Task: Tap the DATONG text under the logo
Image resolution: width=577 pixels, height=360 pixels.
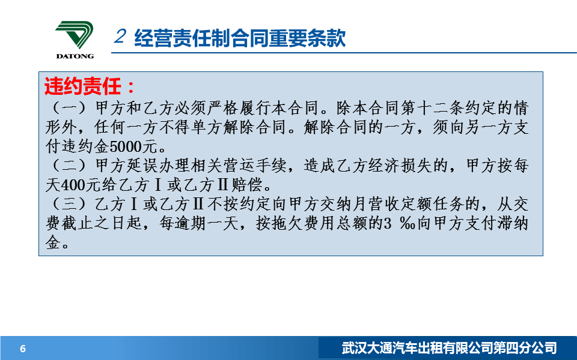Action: click(x=75, y=56)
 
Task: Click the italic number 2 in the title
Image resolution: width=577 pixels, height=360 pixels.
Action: click(x=120, y=37)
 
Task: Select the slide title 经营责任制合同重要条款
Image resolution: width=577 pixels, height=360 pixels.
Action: click(x=240, y=38)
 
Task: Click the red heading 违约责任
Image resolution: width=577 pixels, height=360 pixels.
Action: click(x=83, y=86)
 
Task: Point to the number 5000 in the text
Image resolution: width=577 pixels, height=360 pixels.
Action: click(x=126, y=146)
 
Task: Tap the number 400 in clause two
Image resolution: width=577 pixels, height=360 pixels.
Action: click(x=73, y=185)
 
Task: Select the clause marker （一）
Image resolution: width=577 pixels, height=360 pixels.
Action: click(x=69, y=108)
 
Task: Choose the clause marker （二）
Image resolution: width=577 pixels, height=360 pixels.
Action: click(x=69, y=166)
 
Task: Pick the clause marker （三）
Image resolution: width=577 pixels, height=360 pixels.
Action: click(x=69, y=204)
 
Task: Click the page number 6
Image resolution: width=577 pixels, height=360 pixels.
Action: click(x=23, y=349)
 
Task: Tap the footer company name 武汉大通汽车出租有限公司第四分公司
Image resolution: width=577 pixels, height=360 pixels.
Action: click(x=450, y=348)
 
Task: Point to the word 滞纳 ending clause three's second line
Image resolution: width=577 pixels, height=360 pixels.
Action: click(x=513, y=223)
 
